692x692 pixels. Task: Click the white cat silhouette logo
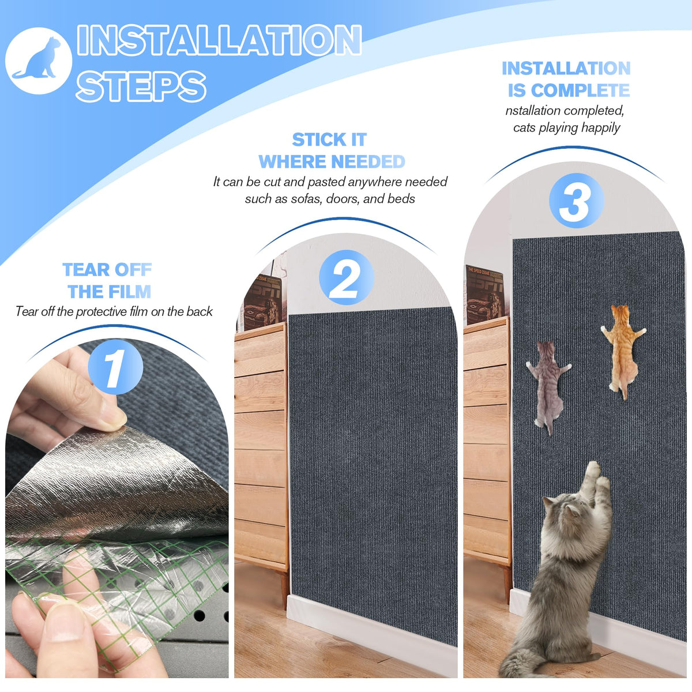pos(39,61)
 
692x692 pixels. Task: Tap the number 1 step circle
pos(115,367)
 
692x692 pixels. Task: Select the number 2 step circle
pos(347,277)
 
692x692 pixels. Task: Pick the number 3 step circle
pos(576,201)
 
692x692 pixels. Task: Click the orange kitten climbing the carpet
pos(623,350)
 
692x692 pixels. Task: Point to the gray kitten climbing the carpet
pos(548,386)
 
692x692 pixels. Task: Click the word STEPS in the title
pos(141,86)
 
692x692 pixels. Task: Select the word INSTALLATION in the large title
pos(219,40)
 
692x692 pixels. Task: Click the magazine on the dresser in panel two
pos(264,302)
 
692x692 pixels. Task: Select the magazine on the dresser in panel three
pos(486,295)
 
